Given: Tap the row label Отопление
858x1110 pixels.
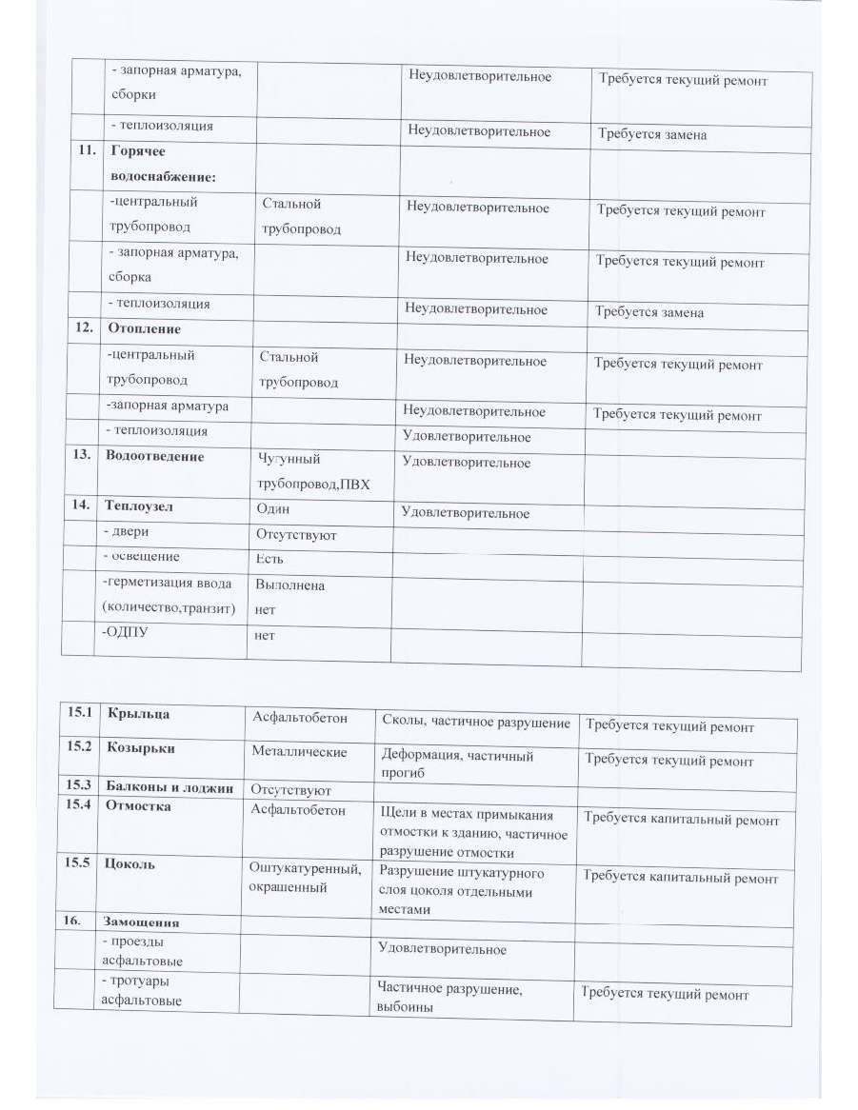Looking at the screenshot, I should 144,328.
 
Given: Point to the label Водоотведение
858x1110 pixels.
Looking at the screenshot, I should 155,456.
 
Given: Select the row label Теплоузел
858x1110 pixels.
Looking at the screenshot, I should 141,507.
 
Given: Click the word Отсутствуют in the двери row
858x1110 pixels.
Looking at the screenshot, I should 296,535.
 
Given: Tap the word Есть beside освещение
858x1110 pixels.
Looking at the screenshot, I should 269,559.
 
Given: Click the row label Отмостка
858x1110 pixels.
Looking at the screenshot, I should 139,806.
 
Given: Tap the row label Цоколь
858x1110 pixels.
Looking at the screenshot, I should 132,864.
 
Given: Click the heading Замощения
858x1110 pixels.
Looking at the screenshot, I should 142,922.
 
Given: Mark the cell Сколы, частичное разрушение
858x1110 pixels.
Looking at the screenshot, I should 475,723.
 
